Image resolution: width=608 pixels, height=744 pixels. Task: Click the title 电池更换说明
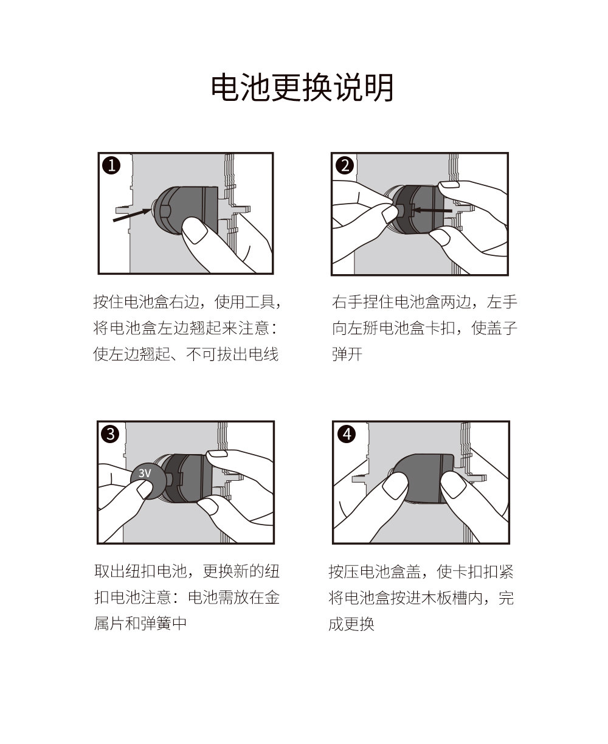click(x=302, y=88)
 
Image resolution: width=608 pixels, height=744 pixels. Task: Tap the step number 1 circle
click(x=111, y=165)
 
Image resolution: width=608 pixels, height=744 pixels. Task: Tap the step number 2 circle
click(x=345, y=165)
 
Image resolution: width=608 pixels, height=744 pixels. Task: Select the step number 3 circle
click(x=110, y=434)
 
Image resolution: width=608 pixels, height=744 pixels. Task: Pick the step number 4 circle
click(x=347, y=434)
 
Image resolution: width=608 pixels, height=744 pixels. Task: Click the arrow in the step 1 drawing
click(x=132, y=215)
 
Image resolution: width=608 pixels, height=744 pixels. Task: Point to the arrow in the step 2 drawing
click(x=432, y=210)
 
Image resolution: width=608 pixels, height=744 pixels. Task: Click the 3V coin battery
click(x=148, y=481)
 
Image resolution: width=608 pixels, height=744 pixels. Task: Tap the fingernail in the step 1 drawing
click(x=194, y=232)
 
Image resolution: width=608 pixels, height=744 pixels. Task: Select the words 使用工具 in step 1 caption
click(x=245, y=302)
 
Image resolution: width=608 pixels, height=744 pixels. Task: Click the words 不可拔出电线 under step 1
click(x=232, y=354)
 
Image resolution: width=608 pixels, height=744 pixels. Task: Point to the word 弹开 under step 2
click(x=347, y=354)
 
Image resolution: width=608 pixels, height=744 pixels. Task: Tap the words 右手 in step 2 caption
click(x=347, y=302)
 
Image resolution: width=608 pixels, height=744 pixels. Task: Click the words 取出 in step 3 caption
click(x=109, y=571)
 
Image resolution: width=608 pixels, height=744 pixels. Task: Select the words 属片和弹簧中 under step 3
click(x=140, y=624)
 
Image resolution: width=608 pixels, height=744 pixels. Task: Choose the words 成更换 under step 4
click(x=351, y=624)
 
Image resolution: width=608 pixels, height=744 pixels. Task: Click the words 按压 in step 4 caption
click(x=344, y=571)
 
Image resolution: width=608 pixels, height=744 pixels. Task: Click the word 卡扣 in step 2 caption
click(x=440, y=328)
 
